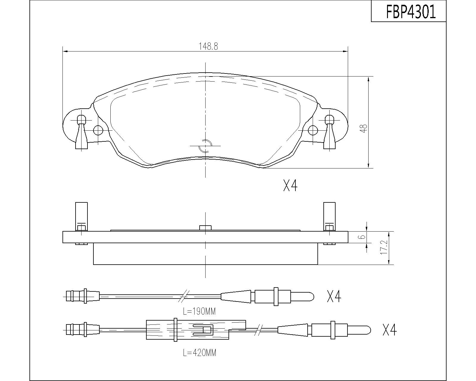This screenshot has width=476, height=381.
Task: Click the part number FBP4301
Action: pyautogui.click(x=411, y=12)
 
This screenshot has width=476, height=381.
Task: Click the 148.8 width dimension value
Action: pyautogui.click(x=208, y=46)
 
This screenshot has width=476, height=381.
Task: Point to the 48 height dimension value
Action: pyautogui.click(x=364, y=128)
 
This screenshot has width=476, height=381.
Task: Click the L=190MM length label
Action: pyautogui.click(x=199, y=311)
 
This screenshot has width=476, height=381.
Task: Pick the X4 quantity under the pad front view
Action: pyautogui.click(x=290, y=185)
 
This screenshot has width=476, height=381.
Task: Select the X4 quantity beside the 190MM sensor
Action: pyautogui.click(x=334, y=296)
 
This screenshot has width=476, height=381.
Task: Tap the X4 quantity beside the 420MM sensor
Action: pyautogui.click(x=389, y=330)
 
